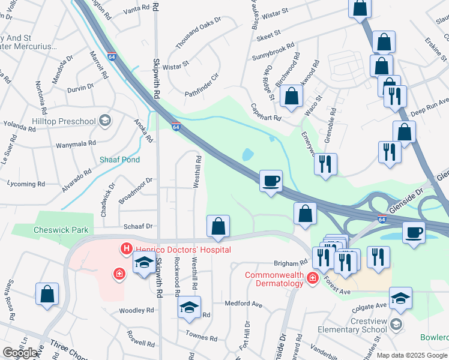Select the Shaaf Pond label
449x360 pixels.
pos(120,160)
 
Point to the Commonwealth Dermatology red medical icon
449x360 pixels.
pos(312,278)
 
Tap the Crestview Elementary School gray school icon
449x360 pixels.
pos(396,325)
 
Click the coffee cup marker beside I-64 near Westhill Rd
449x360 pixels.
pos(271,180)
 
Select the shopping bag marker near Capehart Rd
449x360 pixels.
pos(291,97)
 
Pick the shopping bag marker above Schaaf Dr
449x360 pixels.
pos(218,226)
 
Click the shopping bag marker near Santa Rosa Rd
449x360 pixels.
pos(47,294)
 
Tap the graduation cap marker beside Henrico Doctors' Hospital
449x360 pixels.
pos(144,263)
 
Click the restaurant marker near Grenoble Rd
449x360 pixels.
pos(325,164)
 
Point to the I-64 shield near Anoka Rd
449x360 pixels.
pos(175,127)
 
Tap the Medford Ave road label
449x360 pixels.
pos(244,304)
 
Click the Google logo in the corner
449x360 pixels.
pos(20,352)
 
